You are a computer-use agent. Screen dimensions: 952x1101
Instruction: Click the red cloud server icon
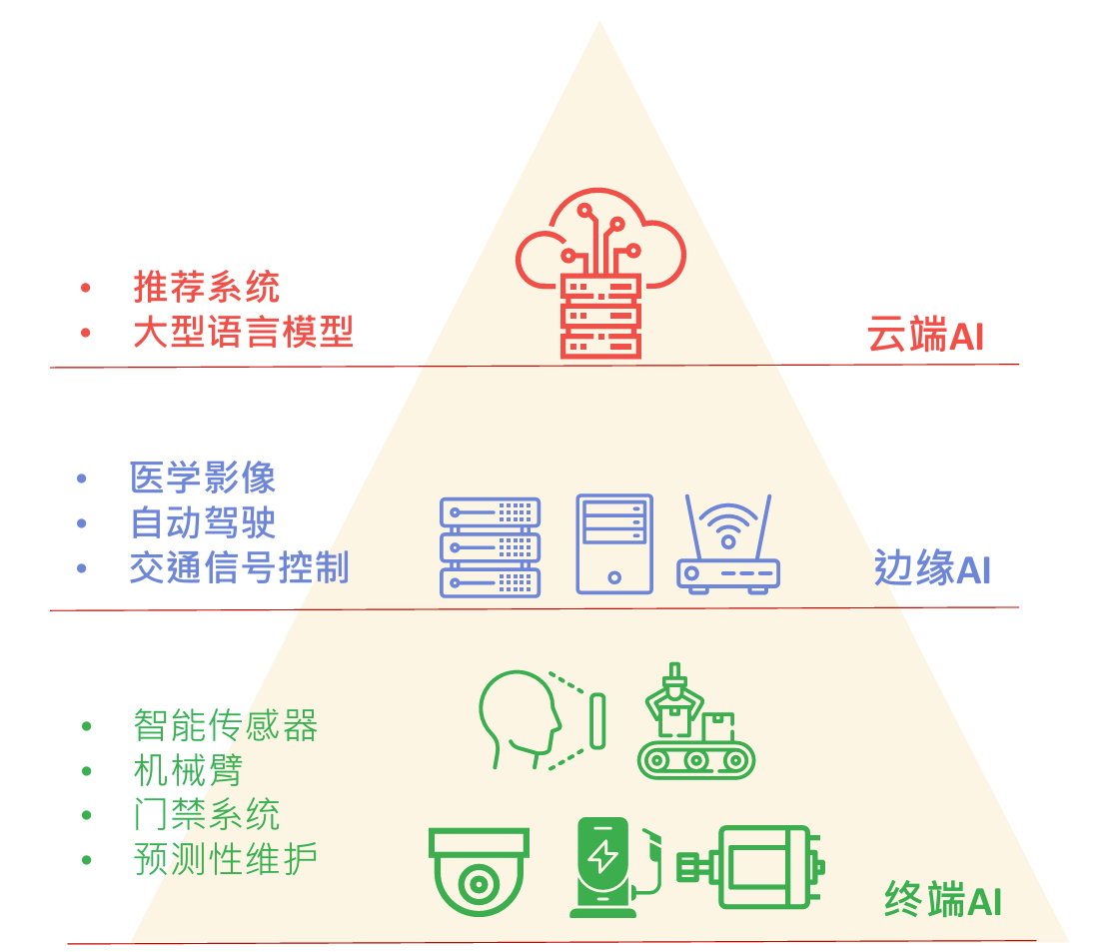600,276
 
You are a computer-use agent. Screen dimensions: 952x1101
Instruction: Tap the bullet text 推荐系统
207,288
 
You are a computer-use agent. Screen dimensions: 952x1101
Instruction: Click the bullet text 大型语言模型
243,332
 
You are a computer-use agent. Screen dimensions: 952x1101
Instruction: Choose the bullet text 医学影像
203,478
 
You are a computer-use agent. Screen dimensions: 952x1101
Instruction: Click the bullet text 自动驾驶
203,522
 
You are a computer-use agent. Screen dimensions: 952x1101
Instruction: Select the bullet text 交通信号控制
239,567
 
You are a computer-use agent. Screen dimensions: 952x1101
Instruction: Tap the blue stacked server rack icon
490,546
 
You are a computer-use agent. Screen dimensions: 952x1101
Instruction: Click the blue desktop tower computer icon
614,544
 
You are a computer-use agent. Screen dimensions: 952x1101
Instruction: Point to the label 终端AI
943,900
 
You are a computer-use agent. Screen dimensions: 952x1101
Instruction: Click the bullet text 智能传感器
225,725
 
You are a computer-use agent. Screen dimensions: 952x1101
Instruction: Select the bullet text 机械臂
188,770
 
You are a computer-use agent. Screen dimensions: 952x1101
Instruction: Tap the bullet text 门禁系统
207,814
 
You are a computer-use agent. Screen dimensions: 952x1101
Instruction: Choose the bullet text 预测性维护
225,858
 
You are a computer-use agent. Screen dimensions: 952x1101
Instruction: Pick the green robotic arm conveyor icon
695,721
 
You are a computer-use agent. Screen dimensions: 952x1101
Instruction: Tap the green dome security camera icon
479,871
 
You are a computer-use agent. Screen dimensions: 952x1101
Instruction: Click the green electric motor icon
750,865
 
